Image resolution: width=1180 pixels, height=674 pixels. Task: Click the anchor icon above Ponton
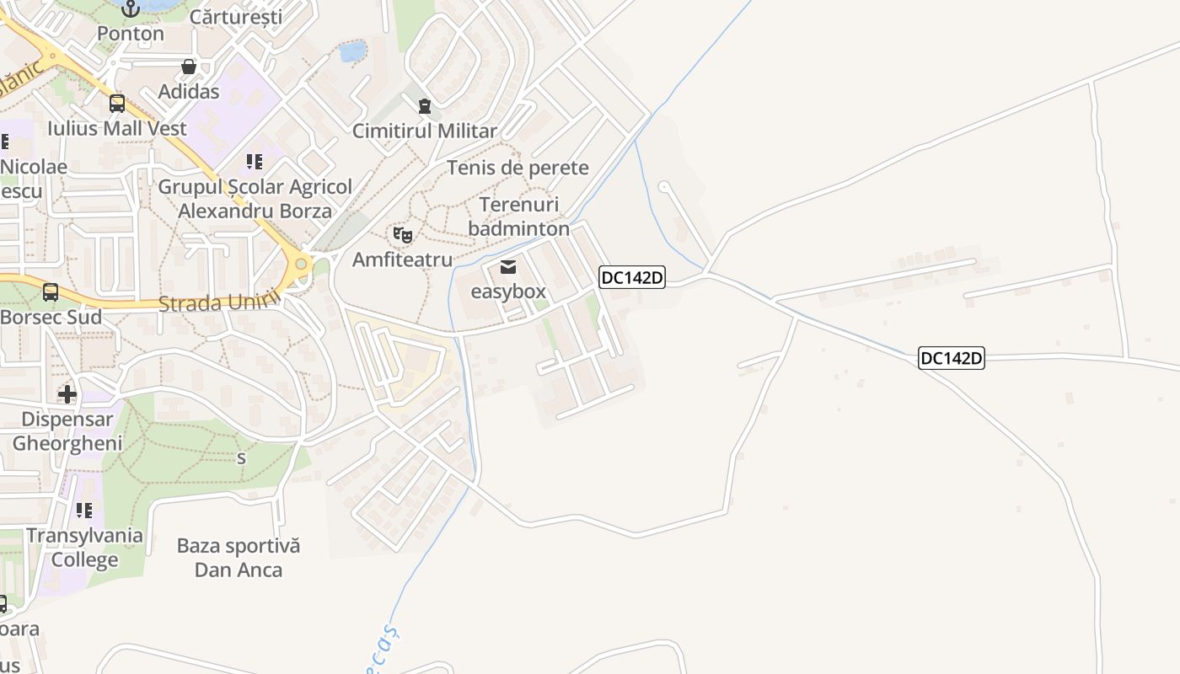[130, 8]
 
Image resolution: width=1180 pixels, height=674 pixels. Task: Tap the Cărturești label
[235, 16]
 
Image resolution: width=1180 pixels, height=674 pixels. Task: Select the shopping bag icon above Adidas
[189, 67]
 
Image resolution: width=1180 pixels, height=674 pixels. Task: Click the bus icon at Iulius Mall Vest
[117, 104]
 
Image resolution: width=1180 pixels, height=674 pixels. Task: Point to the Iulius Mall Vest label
[117, 129]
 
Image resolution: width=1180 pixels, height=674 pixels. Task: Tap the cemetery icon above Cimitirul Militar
[424, 106]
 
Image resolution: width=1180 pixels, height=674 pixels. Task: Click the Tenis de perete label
[518, 168]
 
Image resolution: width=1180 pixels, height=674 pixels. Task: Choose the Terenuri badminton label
[518, 217]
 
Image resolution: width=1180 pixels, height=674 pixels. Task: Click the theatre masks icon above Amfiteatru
[403, 235]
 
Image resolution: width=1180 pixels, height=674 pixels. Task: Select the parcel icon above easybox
[508, 268]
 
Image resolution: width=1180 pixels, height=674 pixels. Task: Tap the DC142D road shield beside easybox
[632, 277]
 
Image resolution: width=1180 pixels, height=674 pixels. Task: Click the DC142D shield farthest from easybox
[951, 358]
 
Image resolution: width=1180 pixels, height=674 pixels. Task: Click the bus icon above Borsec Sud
[51, 292]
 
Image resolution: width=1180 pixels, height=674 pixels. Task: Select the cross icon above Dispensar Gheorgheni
[67, 393]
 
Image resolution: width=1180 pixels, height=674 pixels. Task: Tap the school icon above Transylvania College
[84, 511]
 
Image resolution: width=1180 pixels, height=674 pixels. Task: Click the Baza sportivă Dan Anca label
[239, 558]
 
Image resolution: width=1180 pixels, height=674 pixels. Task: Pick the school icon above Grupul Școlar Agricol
[255, 161]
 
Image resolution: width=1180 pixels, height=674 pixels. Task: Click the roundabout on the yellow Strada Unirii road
[300, 265]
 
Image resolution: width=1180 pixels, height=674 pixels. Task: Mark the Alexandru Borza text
[255, 211]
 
